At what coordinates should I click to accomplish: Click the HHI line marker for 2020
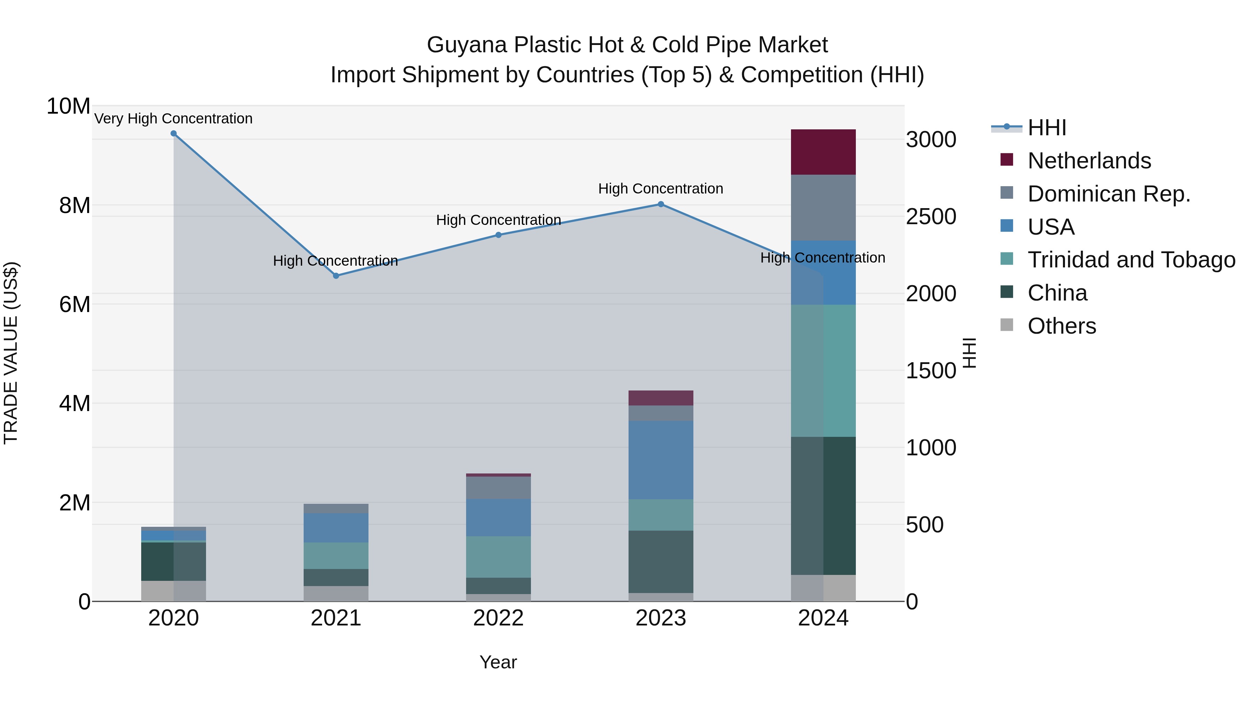click(174, 134)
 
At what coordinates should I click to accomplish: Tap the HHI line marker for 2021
click(336, 276)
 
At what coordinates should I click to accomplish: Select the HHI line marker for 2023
click(661, 204)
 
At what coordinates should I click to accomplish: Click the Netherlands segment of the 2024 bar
click(823, 152)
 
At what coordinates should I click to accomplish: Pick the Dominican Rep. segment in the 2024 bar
click(823, 207)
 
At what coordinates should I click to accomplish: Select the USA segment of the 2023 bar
click(661, 460)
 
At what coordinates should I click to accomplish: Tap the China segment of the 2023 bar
click(661, 562)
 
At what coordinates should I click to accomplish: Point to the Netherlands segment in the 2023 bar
click(661, 398)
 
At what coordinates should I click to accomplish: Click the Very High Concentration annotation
click(174, 119)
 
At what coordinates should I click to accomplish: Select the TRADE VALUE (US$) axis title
click(11, 353)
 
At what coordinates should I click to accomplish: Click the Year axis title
click(498, 662)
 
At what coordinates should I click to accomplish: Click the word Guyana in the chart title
click(467, 45)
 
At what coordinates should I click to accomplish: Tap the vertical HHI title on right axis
click(970, 353)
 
